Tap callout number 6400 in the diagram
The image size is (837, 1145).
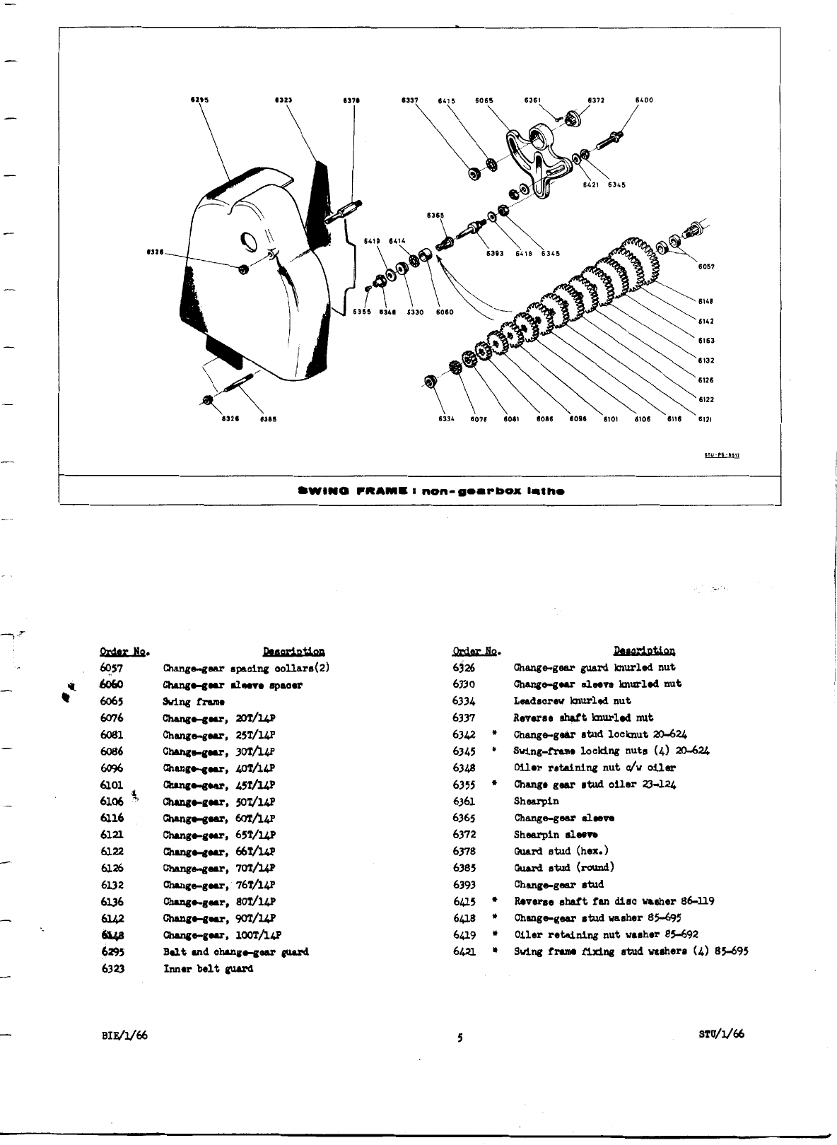coord(644,100)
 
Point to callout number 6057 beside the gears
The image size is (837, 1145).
coord(706,267)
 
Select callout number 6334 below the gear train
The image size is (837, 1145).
coord(446,418)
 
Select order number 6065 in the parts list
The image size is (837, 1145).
coord(112,702)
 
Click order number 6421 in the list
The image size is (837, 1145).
coord(464,951)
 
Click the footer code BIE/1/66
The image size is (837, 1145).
coord(124,1035)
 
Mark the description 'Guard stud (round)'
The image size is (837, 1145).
coord(563,867)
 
